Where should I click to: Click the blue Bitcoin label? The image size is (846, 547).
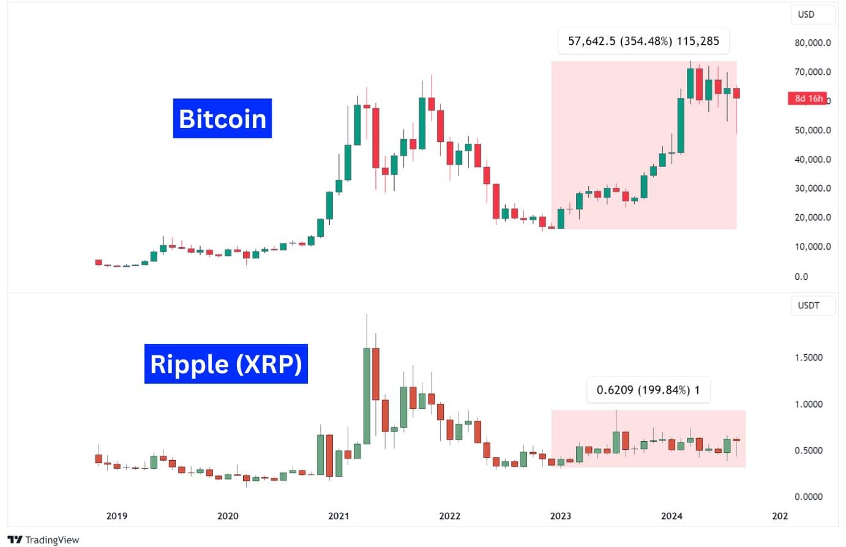(x=222, y=118)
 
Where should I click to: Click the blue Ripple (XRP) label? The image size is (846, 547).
(x=226, y=364)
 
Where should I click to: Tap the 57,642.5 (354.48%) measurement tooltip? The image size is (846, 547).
(x=643, y=41)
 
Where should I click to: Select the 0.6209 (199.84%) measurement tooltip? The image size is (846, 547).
(x=648, y=390)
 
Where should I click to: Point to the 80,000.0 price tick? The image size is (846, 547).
(x=812, y=43)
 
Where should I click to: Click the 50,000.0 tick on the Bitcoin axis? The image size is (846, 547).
(x=812, y=130)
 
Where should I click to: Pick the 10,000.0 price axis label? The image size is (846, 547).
(x=812, y=247)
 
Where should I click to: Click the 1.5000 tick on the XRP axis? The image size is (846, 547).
(x=808, y=357)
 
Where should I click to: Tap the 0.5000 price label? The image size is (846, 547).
(x=808, y=450)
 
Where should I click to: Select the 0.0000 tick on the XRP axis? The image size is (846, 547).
(x=808, y=497)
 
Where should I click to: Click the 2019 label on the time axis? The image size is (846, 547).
(x=117, y=516)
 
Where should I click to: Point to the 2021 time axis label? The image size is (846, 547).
(x=339, y=516)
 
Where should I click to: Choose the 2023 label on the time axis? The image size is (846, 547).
(x=560, y=516)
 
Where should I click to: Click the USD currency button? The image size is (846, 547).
(x=806, y=14)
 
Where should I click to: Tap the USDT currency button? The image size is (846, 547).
(x=808, y=305)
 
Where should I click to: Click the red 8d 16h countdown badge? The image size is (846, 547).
(x=807, y=99)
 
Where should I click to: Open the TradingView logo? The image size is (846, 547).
(x=43, y=540)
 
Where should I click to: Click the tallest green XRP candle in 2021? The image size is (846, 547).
(x=367, y=396)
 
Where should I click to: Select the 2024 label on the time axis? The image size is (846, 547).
(x=672, y=516)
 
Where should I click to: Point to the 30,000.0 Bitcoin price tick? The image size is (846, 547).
(x=812, y=188)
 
